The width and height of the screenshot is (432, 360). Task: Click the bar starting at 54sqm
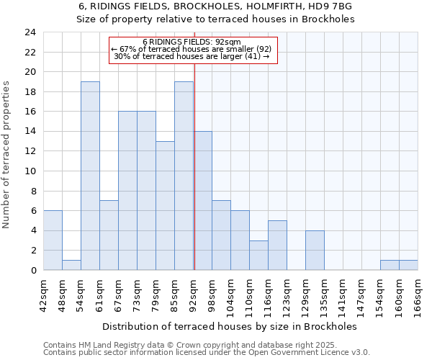point(90,176)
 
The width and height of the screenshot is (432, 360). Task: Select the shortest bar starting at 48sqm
point(71,266)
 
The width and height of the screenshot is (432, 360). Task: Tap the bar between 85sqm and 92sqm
point(184,176)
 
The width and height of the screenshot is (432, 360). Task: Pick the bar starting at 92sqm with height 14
point(203,201)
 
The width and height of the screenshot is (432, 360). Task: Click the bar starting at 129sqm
point(315,251)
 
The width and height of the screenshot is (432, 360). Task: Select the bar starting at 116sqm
point(277,246)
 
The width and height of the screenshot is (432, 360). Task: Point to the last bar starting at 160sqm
point(408,266)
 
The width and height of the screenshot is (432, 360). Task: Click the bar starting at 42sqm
point(53,240)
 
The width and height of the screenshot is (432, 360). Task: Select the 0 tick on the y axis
point(33,271)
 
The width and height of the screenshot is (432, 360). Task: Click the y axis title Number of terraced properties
point(7,154)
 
